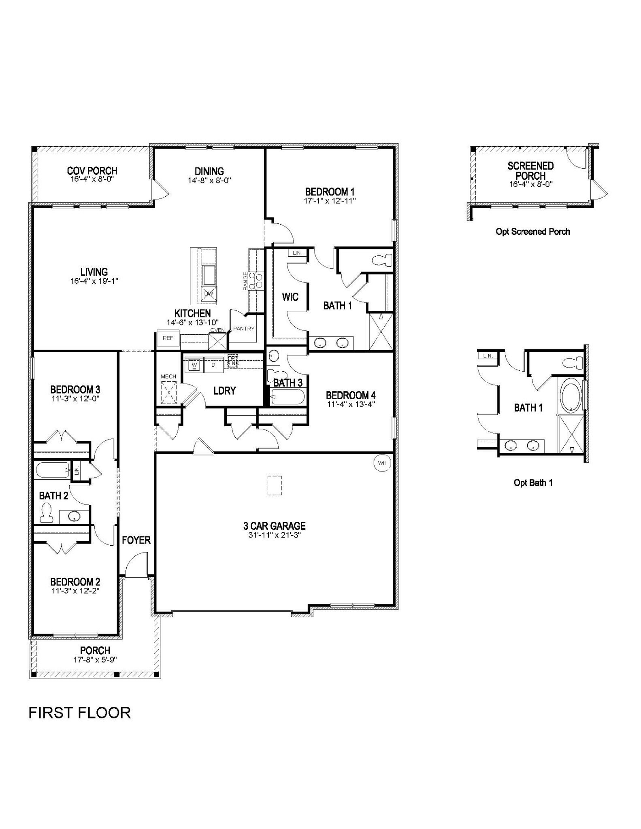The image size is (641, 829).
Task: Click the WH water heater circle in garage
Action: (x=382, y=463)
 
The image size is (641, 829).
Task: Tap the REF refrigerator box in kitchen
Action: (x=168, y=338)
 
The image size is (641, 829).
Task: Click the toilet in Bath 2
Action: (x=46, y=513)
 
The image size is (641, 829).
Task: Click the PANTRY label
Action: (x=244, y=329)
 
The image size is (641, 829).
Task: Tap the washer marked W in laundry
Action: (x=194, y=365)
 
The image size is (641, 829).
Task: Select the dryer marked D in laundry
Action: (x=213, y=365)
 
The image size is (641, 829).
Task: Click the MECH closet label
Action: (x=168, y=376)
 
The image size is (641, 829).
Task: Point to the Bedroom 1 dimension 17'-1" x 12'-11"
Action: (x=330, y=200)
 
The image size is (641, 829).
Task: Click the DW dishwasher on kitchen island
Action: (x=209, y=294)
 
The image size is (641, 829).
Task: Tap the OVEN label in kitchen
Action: (x=217, y=330)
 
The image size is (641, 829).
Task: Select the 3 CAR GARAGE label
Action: (x=274, y=526)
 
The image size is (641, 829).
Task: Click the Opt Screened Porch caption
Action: (x=532, y=232)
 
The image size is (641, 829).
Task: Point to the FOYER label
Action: (x=136, y=540)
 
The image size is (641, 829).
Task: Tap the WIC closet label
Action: (x=290, y=297)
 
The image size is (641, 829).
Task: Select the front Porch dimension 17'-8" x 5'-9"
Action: (x=95, y=659)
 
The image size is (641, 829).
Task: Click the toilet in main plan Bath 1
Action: (x=383, y=259)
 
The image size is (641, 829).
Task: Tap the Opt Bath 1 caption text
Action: (x=533, y=483)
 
